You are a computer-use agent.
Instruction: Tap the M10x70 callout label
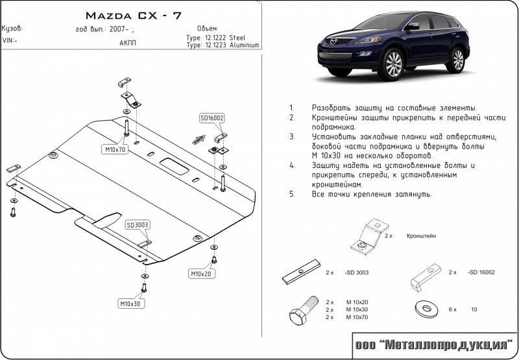click(x=114, y=150)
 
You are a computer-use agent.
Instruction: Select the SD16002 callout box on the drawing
click(x=211, y=118)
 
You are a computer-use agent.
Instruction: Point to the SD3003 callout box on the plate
click(x=138, y=225)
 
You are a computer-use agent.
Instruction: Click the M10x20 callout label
click(x=201, y=273)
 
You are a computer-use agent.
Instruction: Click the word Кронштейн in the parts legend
click(x=422, y=237)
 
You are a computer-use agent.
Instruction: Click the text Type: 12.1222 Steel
click(x=215, y=38)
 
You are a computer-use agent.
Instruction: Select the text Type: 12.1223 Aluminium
click(x=223, y=45)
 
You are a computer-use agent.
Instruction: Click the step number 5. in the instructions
click(x=292, y=194)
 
